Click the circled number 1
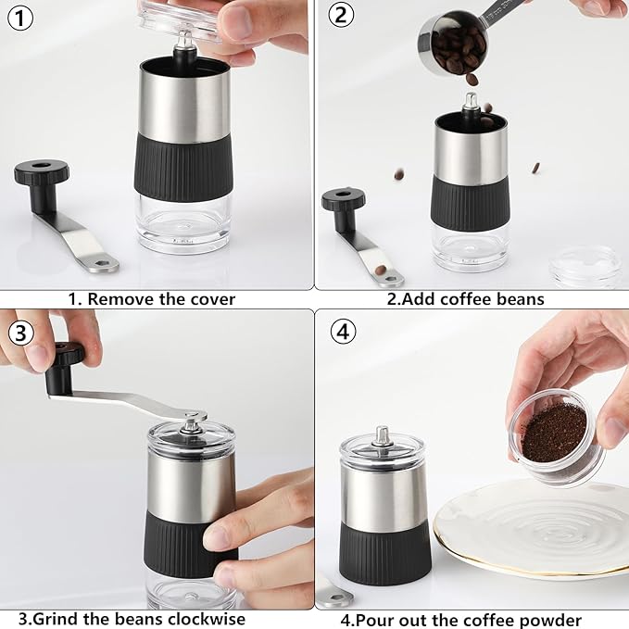(20, 18)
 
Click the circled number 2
(341, 15)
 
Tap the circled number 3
(20, 333)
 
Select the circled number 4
(343, 332)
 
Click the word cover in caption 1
(213, 299)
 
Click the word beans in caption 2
(520, 299)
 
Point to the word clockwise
(207, 619)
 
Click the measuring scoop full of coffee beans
(453, 44)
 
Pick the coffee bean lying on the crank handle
(381, 270)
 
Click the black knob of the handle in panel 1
(42, 171)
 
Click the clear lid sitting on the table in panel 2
(586, 267)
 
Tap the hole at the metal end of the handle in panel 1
(102, 264)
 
